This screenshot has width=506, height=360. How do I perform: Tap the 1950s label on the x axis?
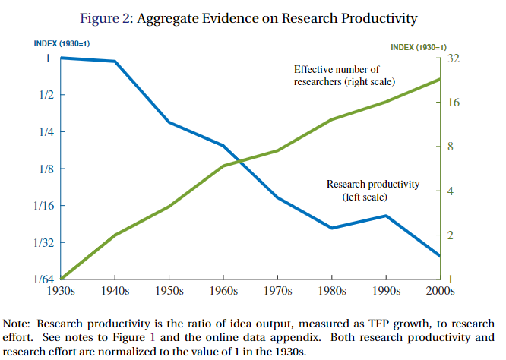pos(169,292)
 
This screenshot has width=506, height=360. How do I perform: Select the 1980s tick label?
pos(332,292)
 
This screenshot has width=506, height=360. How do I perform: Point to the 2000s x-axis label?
pos(440,292)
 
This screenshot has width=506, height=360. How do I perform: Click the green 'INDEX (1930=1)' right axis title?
pos(419,47)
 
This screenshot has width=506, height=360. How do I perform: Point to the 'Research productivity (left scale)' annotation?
pos(372,190)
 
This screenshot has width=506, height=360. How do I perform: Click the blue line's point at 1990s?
pos(386,216)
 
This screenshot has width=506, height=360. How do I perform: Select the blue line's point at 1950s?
pos(169,122)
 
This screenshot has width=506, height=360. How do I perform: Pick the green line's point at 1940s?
pos(115,235)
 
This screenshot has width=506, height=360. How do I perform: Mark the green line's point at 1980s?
pos(331,119)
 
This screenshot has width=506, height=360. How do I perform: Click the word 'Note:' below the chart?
pos(18,321)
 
